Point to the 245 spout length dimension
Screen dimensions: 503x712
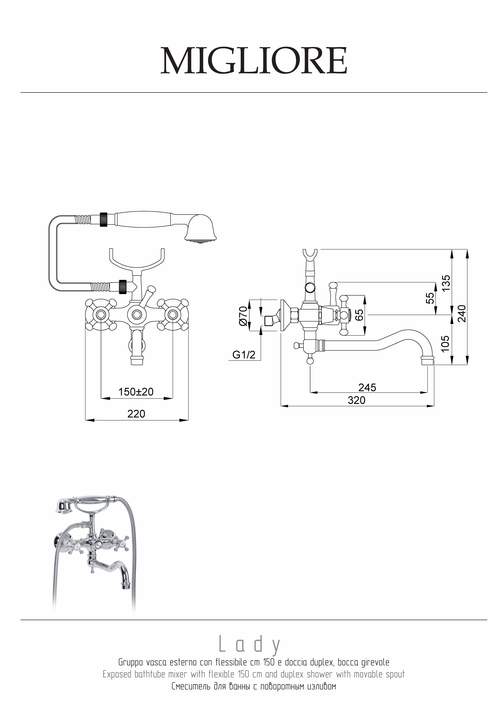[367, 387]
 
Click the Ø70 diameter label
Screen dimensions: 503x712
[243, 316]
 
